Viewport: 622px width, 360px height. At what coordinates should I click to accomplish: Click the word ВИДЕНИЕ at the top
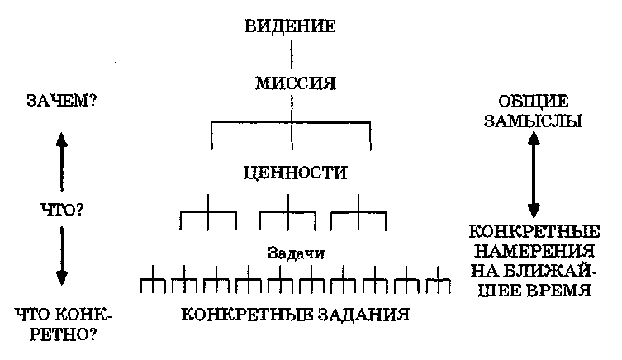click(290, 26)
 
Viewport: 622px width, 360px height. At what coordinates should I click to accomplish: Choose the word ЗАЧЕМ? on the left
click(61, 104)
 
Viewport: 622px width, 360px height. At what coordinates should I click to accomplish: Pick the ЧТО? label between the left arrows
click(62, 210)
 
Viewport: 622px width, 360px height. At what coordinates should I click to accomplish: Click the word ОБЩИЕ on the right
click(534, 102)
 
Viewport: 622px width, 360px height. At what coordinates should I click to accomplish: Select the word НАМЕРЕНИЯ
click(534, 251)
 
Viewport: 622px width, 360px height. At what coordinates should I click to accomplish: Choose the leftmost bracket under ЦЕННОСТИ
click(208, 213)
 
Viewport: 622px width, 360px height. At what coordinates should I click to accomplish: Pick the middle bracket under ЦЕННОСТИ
click(288, 213)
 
